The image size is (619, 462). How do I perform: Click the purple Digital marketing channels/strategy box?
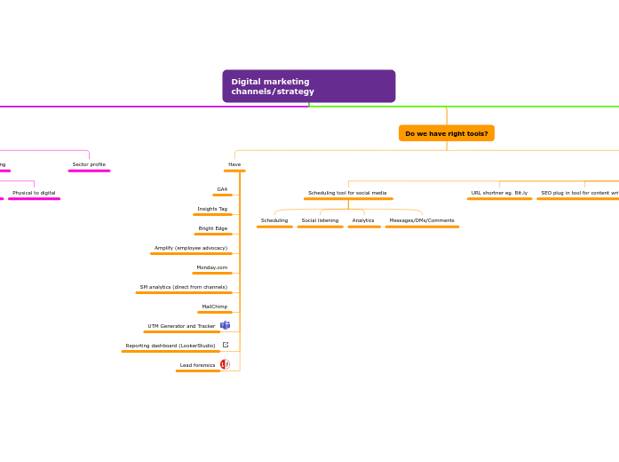point(308,86)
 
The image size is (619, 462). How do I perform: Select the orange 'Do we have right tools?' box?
point(446,133)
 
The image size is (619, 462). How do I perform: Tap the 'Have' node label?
point(234,164)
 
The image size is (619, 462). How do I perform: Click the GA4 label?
point(222,189)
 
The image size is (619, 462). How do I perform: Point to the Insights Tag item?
point(212,209)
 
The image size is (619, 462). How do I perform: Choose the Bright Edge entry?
point(213,228)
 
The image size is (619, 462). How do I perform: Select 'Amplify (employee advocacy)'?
point(191,248)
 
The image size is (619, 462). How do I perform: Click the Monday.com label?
point(212,267)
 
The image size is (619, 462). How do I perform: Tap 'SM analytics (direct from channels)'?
point(184,287)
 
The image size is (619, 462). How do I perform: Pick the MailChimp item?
point(215,307)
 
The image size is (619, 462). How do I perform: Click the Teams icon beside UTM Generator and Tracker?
point(226,325)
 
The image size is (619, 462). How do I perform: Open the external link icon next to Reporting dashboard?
point(226,345)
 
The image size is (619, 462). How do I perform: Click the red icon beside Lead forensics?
point(225,364)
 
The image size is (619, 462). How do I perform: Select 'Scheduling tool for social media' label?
point(347,193)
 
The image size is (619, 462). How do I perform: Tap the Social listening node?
point(320,220)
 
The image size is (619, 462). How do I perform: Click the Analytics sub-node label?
point(363,220)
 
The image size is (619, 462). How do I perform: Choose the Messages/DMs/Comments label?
point(422,220)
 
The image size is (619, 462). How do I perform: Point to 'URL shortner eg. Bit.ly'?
point(499,193)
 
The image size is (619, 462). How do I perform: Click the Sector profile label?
point(89,164)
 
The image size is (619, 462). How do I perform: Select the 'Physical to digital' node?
point(34,193)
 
